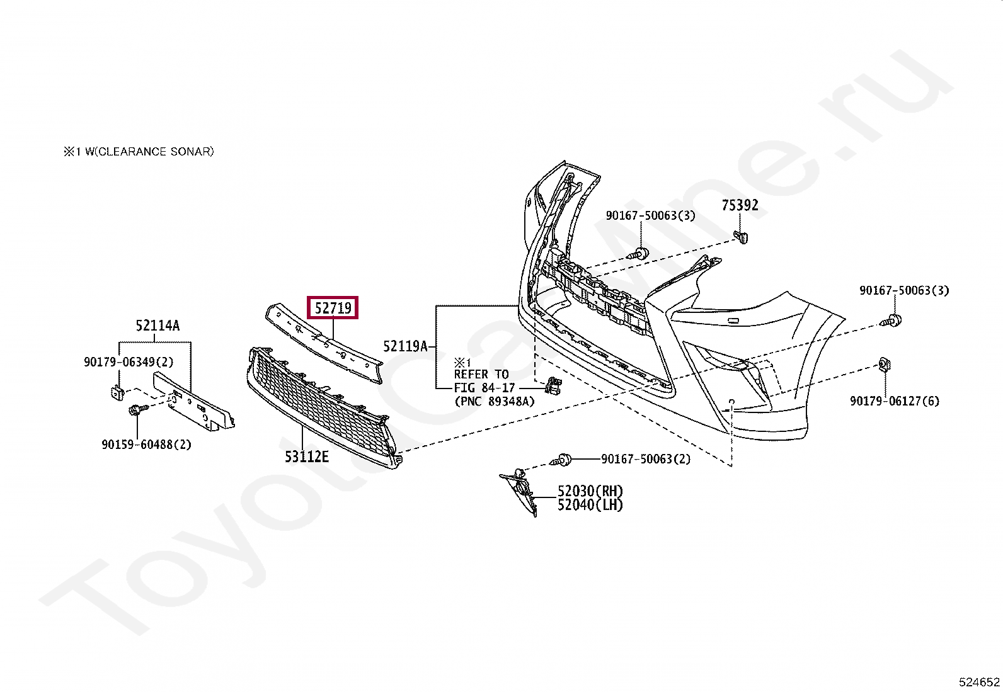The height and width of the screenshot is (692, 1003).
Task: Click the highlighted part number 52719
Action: click(x=333, y=308)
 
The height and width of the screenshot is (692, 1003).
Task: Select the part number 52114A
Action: click(x=158, y=326)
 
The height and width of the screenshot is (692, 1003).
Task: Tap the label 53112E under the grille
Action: click(x=306, y=457)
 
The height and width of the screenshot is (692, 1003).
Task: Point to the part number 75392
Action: click(x=740, y=205)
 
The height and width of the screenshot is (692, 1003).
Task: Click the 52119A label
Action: click(x=405, y=346)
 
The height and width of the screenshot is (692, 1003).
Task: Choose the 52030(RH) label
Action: click(x=590, y=491)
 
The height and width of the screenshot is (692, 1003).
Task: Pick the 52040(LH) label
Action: click(x=590, y=505)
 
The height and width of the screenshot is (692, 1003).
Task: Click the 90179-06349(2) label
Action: click(x=129, y=362)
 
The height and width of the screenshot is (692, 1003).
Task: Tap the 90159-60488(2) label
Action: click(x=146, y=445)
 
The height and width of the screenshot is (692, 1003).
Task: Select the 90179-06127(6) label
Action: click(x=894, y=401)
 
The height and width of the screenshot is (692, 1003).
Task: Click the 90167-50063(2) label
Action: click(x=645, y=459)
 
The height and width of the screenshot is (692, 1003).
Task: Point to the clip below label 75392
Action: click(x=742, y=237)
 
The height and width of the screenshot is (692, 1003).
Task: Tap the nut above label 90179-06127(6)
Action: click(x=884, y=365)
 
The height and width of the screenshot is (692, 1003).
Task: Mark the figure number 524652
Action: click(x=979, y=682)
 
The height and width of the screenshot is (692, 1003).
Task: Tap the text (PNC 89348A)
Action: click(x=494, y=402)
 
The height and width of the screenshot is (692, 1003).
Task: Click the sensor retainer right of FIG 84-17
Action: click(x=553, y=385)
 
